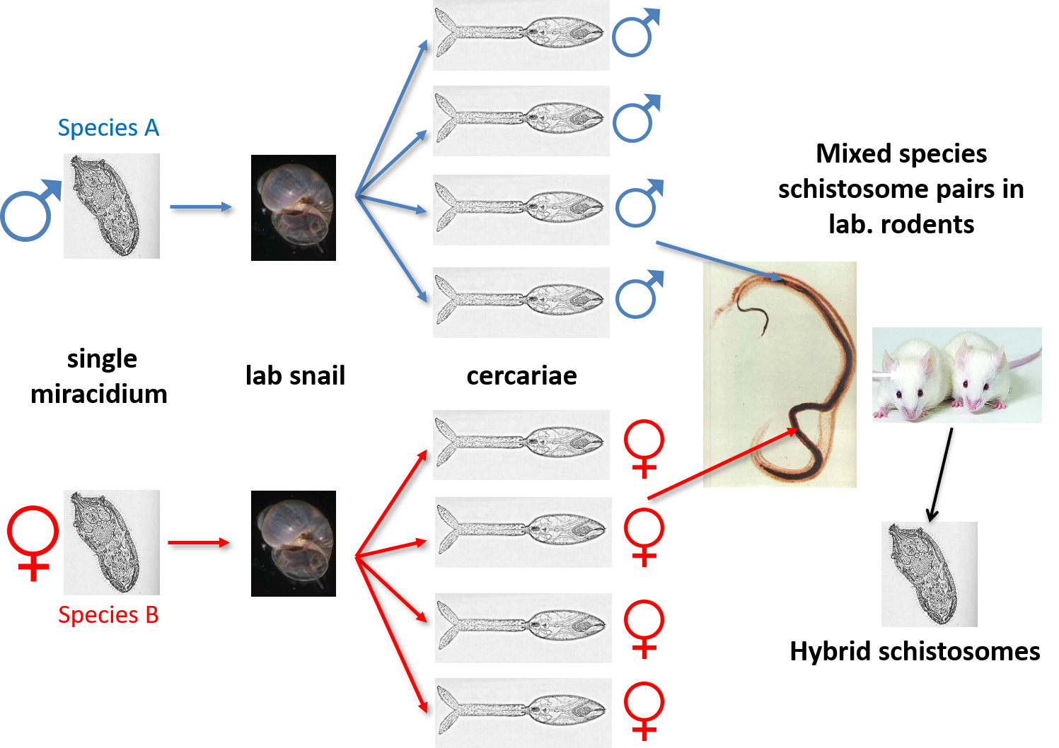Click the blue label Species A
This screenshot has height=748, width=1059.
[x=108, y=128]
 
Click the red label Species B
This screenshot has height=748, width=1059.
[x=108, y=615]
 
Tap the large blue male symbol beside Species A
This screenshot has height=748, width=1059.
[x=30, y=211]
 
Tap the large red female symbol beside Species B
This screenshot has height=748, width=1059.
[x=33, y=542]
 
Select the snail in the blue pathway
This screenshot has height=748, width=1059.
[x=294, y=208]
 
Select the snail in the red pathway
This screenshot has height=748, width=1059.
[x=294, y=544]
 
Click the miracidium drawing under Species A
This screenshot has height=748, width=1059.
[x=112, y=206]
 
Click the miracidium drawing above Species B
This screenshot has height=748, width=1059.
[x=112, y=542]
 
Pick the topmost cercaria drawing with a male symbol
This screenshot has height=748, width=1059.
[x=521, y=35]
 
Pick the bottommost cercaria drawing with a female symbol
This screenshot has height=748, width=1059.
[x=523, y=712]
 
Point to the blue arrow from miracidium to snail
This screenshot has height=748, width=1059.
[x=200, y=206]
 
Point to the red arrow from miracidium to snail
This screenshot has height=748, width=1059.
[x=199, y=542]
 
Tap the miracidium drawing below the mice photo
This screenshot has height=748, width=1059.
[x=929, y=574]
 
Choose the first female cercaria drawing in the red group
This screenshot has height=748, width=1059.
[x=521, y=445]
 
